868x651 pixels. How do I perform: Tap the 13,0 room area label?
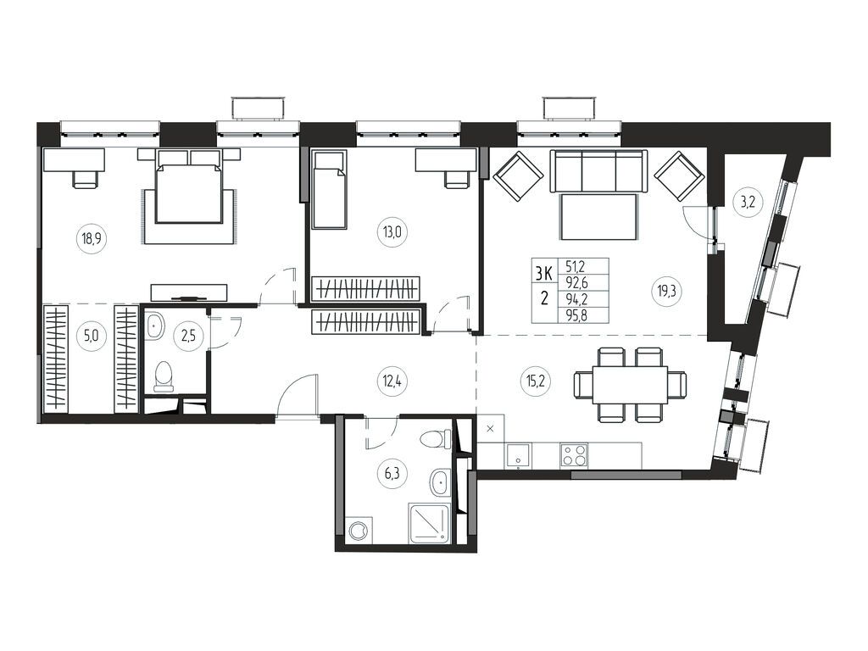pos(392,232)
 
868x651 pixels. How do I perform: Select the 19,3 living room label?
pos(666,291)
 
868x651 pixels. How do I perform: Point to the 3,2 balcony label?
pos(748,202)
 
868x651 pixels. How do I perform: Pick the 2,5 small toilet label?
pos(189,336)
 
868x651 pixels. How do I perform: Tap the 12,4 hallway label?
pos(392,381)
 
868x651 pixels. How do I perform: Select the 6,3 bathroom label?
pos(392,474)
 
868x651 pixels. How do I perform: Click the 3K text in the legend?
pos(543,273)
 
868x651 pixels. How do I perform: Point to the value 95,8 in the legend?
pos(576,317)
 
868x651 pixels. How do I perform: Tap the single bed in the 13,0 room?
pos(330,189)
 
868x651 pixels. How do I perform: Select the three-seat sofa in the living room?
pos(598,171)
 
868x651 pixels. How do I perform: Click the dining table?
pos(630,384)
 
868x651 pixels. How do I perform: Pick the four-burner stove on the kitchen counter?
pos(574,455)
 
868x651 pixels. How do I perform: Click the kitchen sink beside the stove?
pos(519,455)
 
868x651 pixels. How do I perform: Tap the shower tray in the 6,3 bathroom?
pos(430,522)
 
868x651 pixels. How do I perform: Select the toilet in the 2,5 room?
pos(164,376)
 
